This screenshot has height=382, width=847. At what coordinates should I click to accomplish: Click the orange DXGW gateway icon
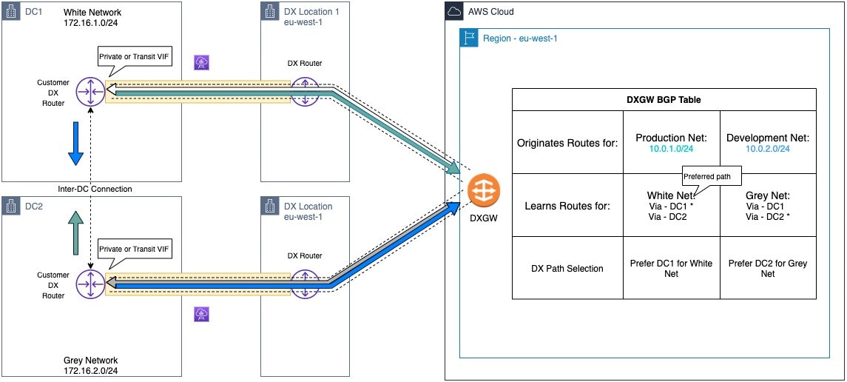[484, 190]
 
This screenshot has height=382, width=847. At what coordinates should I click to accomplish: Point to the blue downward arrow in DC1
[75, 144]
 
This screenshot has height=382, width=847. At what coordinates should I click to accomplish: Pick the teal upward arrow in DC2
[77, 233]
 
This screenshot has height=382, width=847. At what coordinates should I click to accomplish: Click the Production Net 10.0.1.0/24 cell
[672, 142]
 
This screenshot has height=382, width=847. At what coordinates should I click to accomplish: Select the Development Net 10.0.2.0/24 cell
[768, 142]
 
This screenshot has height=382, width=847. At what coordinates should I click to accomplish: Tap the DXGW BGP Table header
[664, 99]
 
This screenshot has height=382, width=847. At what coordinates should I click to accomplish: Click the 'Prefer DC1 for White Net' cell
[672, 268]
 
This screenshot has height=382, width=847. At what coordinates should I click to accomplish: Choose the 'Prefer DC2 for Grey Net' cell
[768, 268]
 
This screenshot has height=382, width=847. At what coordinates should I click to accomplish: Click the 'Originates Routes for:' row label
[567, 143]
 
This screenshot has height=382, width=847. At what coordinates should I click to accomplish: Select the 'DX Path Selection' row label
[567, 268]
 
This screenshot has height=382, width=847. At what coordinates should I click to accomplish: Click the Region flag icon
[469, 38]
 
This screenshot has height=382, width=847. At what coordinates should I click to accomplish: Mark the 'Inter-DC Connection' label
[95, 189]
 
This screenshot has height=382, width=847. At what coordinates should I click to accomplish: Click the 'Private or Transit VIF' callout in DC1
[135, 60]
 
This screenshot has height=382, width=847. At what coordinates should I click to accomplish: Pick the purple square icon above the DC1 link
[201, 63]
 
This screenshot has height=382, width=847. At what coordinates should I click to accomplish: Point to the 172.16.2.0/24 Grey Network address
[90, 370]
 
